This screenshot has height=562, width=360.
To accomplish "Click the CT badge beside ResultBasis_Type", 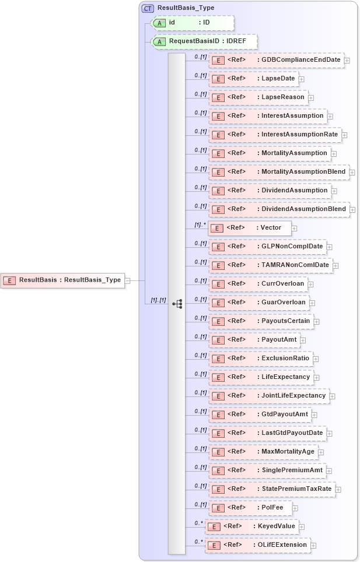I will point(148,8).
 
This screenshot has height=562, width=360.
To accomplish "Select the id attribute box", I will point(192,23).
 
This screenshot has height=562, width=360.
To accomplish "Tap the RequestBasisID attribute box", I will point(204,41).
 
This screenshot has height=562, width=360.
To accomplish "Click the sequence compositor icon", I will point(177,304).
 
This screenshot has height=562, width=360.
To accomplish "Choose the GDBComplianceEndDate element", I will point(276,60).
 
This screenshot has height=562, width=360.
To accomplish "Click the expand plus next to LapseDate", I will point(301,79).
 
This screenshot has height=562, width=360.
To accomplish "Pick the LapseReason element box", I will point(257,97).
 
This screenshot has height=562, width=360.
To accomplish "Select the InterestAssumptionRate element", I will point(275,135).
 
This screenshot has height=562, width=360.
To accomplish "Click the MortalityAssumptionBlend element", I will point(279,172).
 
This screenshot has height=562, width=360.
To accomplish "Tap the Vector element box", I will point(249,228).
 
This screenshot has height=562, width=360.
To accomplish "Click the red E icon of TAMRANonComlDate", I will point(218,265).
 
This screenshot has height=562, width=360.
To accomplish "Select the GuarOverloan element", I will point(258,303).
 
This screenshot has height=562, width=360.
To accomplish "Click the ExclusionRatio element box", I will point(260,359).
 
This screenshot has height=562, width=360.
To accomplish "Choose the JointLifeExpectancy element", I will point(268,396).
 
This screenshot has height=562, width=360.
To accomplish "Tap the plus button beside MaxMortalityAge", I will point(321,452).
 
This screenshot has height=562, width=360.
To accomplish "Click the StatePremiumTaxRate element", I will point(272,489).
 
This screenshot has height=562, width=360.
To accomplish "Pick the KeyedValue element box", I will point(251,526).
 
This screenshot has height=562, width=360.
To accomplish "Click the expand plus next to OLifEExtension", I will point(313,546).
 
